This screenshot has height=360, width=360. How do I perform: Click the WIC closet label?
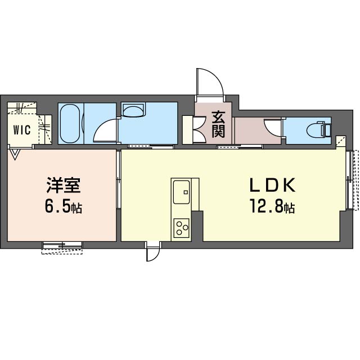click(x=22, y=130)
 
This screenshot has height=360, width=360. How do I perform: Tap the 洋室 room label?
click(x=64, y=186)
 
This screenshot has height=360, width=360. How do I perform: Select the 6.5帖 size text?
click(x=64, y=207)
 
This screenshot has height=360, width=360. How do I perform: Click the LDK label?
click(x=272, y=186)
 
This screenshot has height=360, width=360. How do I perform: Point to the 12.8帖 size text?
click(x=272, y=207)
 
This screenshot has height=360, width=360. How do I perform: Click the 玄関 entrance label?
click(x=218, y=124)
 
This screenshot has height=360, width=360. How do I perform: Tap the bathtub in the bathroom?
click(x=70, y=124)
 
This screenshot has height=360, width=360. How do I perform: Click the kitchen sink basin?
click(x=181, y=192)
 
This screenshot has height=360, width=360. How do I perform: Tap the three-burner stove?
click(x=181, y=228)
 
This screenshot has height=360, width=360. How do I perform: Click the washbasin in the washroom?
click(x=134, y=110)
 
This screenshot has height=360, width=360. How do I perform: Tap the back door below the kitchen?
click(x=152, y=252)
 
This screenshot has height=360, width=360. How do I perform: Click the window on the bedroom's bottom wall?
click(x=62, y=248)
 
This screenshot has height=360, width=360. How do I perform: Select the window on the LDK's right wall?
click(x=353, y=180)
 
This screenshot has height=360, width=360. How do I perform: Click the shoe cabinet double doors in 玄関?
click(x=199, y=130)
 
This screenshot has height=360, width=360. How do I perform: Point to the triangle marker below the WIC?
click(x=15, y=154)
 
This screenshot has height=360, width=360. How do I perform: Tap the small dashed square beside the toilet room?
click(x=340, y=141)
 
